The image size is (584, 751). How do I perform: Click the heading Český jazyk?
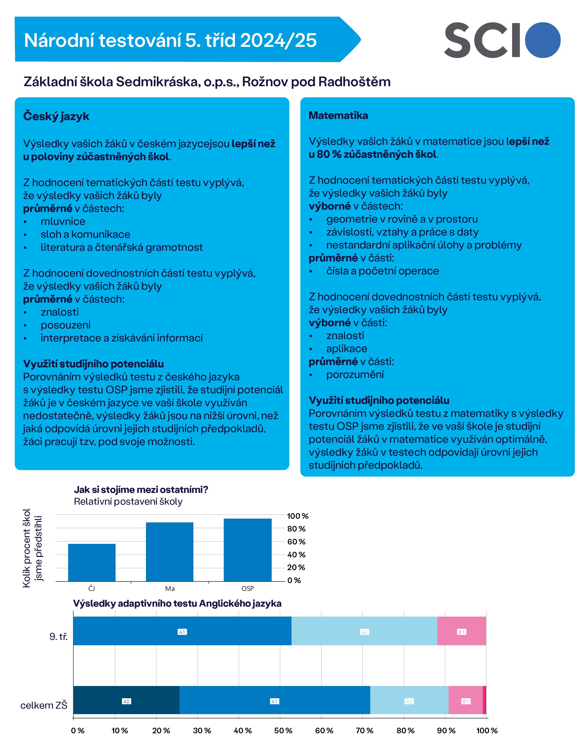point(56,117)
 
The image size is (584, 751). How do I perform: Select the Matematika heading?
point(338,116)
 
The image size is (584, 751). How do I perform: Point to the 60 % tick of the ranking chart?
point(296,542)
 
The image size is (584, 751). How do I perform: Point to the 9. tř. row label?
point(58,637)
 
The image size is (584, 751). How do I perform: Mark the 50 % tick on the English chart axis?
point(283,731)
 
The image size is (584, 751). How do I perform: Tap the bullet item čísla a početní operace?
point(382,271)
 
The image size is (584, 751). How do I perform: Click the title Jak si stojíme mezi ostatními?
point(141,490)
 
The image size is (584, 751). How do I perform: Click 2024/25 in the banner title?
point(278,41)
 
